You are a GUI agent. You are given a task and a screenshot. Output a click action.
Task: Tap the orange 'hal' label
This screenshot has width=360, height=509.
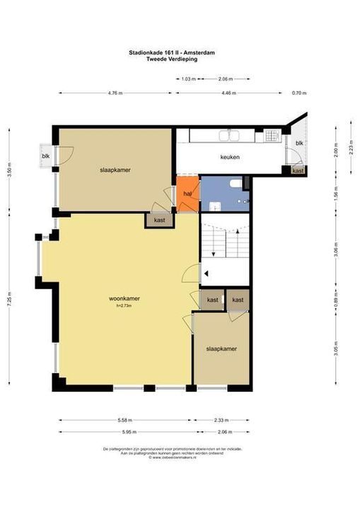187,193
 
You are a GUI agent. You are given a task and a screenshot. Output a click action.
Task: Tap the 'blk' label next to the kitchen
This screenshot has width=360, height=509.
299,144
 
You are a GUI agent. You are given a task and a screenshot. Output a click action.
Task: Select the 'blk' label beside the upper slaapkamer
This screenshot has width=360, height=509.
46,156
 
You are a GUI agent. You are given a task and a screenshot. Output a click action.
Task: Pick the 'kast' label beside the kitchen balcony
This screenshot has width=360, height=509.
298,171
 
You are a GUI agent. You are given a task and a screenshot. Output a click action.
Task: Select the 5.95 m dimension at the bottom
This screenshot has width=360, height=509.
122,432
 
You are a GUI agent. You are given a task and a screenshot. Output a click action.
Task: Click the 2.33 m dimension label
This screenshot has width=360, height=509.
221,420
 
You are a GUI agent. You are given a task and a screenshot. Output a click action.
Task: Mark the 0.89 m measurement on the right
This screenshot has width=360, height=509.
336,299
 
